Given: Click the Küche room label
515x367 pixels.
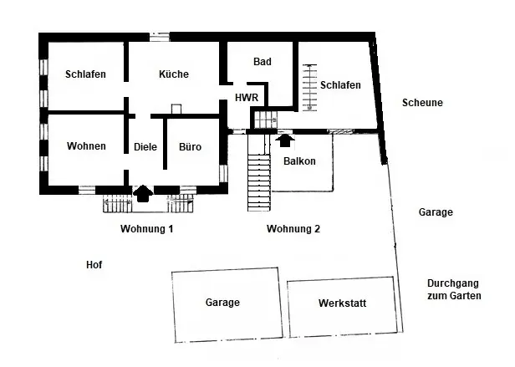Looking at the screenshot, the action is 174,74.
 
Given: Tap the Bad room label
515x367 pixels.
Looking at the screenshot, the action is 263,61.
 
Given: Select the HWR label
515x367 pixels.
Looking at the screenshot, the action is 247,97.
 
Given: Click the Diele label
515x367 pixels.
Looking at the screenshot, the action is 145,146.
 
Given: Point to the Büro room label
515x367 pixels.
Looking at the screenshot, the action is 190,146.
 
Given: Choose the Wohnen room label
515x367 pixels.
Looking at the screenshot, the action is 86,145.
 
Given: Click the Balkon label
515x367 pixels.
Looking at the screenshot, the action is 299,161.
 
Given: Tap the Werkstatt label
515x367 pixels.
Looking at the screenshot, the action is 342,303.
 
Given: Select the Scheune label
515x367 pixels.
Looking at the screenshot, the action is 422,103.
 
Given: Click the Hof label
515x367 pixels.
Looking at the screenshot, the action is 94,264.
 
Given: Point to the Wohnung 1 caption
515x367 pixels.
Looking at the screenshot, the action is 146,229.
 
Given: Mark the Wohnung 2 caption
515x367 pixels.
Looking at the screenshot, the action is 293,229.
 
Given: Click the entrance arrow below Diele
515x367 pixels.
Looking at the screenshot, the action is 143,193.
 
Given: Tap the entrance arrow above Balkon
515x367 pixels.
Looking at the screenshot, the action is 285,140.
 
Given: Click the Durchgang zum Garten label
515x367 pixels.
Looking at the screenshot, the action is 454,289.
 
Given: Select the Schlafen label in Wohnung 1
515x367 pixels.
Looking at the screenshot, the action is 85,74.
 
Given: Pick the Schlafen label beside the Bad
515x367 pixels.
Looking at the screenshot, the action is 340,85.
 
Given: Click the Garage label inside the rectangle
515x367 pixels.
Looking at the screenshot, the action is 222,303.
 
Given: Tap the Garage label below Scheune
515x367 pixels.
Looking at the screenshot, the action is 436,212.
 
